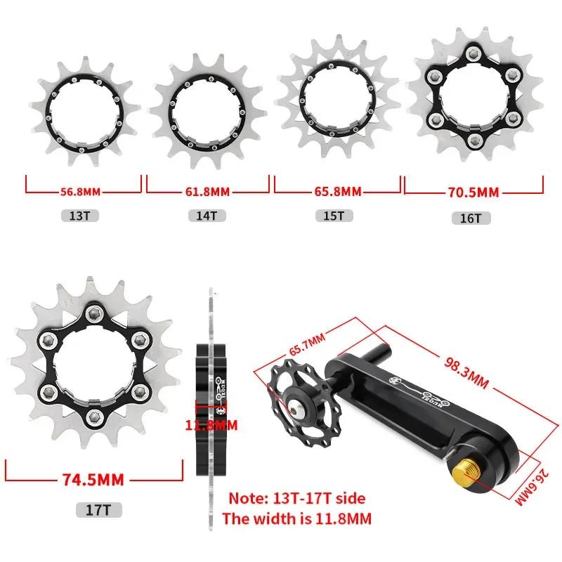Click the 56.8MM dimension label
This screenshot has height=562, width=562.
(80, 192)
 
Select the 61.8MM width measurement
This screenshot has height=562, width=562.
(207, 192)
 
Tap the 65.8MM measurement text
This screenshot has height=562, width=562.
(338, 191)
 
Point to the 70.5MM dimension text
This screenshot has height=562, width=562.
(473, 192)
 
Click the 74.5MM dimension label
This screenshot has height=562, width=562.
(93, 480)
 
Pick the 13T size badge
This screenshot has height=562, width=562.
(79, 216)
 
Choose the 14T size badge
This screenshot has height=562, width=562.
(207, 216)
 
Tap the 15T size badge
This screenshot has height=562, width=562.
(334, 216)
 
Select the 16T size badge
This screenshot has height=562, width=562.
(471, 218)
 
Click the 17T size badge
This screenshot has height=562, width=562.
(99, 510)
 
